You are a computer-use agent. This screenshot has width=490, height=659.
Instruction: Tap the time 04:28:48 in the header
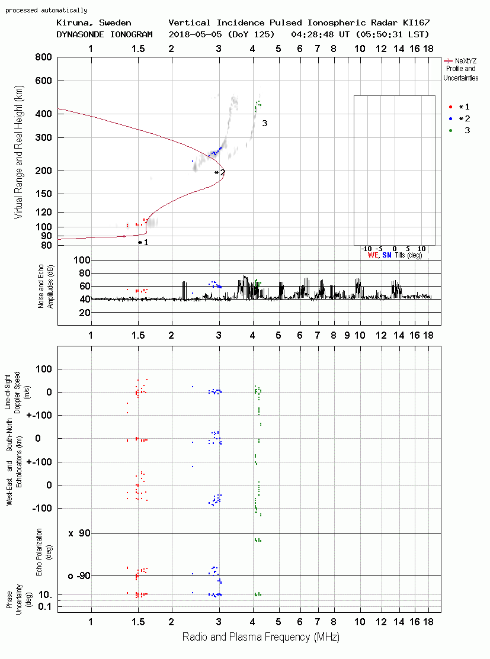tap(312, 34)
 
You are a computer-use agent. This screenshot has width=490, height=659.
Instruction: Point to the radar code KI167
tap(416, 22)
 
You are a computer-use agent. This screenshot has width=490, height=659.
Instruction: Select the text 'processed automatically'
tap(46, 10)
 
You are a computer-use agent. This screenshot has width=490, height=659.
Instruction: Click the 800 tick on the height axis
tap(44, 57)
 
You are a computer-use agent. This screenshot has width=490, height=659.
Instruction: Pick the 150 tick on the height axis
tap(44, 194)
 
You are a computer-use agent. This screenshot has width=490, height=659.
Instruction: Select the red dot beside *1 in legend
tap(450, 107)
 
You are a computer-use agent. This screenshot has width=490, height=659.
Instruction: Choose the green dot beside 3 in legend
tap(450, 131)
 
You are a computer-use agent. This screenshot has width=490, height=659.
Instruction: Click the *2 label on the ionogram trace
tap(220, 173)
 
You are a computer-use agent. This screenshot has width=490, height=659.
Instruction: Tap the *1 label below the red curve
tap(143, 243)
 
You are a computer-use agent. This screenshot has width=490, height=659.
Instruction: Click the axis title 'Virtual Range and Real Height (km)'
tap(18, 152)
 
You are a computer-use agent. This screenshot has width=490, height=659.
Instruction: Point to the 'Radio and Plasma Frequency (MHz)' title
tap(261, 637)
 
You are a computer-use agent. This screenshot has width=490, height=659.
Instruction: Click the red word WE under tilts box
tap(373, 255)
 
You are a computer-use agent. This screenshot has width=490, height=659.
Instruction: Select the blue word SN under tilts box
tap(387, 255)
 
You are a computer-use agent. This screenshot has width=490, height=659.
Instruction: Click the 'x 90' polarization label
tap(79, 533)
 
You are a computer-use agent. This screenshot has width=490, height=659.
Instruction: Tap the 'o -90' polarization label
tap(79, 576)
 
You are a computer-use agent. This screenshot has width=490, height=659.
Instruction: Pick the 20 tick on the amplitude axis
tap(85, 313)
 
